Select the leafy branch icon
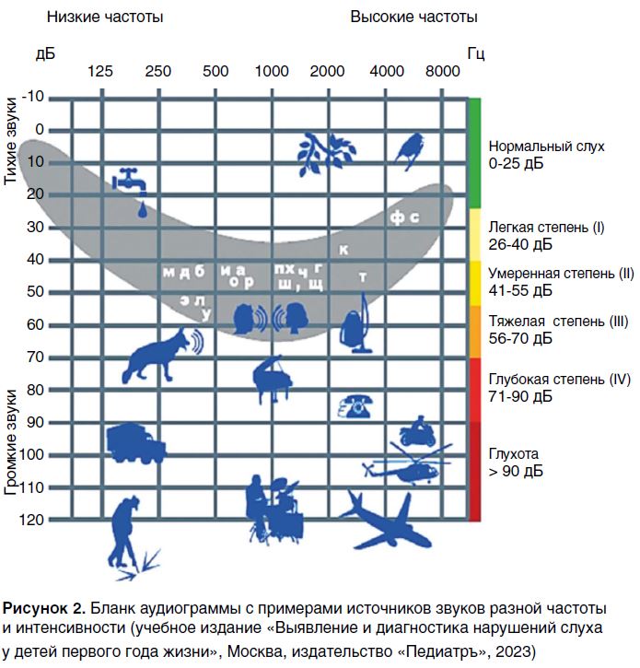tap(324, 152)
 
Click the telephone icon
tap(355, 405)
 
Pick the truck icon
tap(134, 443)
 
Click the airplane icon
tap(384, 521)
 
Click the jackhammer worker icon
tap(129, 537)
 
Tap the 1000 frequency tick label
tap(273, 71)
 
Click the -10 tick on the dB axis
tap(33, 96)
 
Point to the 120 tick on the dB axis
tap(33, 520)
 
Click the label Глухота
tap(513, 454)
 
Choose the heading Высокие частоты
tap(413, 17)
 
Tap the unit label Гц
tap(475, 53)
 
